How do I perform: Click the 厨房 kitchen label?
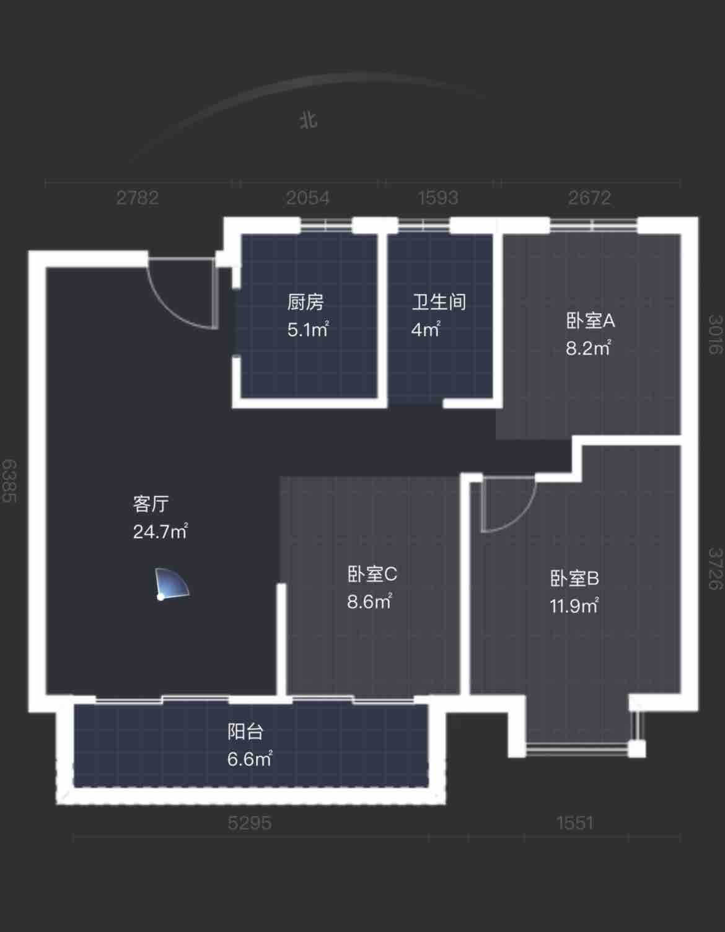pos(305,302)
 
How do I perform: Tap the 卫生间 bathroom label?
pos(439,302)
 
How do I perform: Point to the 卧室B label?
pos(574,578)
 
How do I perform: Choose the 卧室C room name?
pos(372,574)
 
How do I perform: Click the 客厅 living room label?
pos(151,504)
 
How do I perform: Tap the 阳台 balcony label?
pos(245,731)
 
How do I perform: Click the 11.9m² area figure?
pos(574,606)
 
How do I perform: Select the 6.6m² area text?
pos(250,759)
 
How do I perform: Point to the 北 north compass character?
pos(308,120)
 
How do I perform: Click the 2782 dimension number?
pos(138,198)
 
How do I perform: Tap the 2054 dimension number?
pos(308,198)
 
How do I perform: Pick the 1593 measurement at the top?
pos(438,198)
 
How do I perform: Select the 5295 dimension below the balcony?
pos(250,823)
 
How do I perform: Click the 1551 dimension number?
pos(576,823)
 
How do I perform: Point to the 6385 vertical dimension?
pos(9,481)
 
